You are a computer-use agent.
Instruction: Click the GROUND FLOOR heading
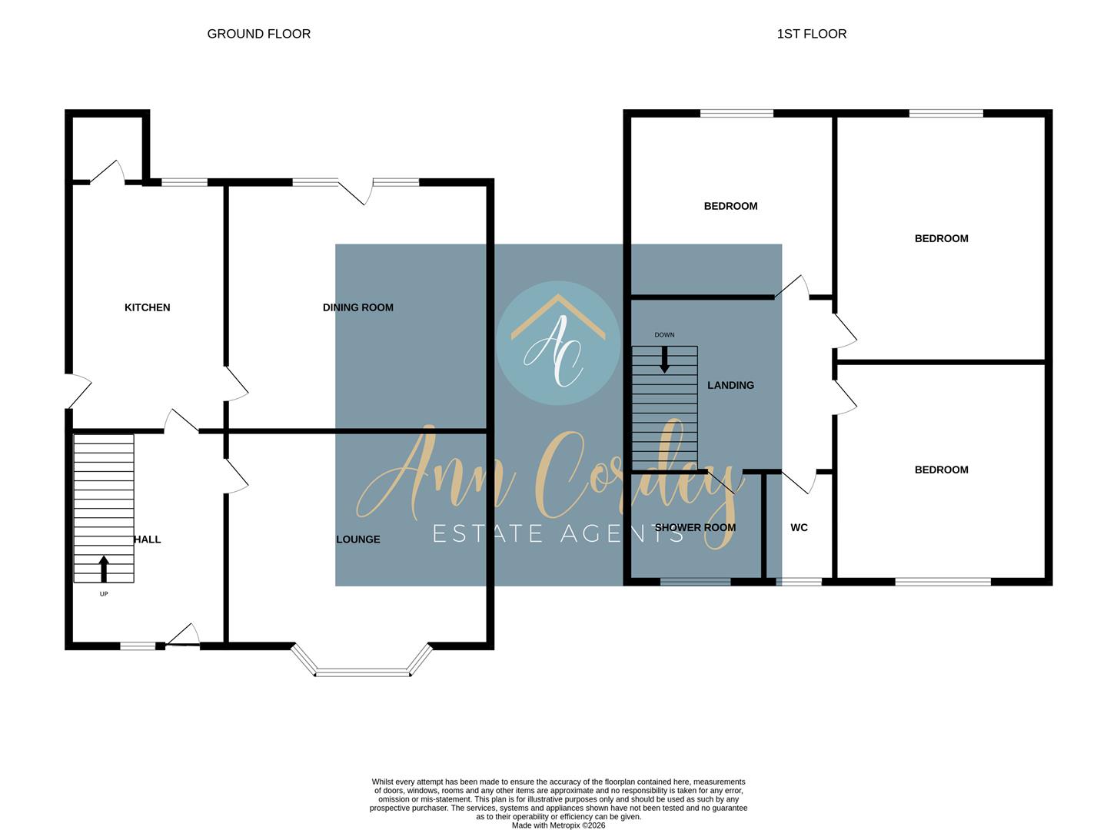(x=259, y=34)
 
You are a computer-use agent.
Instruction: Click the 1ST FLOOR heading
(x=811, y=34)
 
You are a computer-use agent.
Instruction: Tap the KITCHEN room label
(x=147, y=307)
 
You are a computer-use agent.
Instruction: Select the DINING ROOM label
(x=357, y=307)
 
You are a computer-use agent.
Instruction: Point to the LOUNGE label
(x=357, y=539)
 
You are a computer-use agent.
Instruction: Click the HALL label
(x=148, y=539)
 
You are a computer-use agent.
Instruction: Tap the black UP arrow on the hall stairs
(x=104, y=569)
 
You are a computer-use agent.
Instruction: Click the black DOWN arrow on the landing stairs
(x=664, y=360)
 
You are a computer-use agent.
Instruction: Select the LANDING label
(x=730, y=385)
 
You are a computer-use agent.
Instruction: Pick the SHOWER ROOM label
(x=695, y=528)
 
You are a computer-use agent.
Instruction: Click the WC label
(x=799, y=528)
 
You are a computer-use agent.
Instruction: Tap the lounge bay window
(x=362, y=672)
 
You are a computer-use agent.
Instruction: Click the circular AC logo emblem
(x=558, y=343)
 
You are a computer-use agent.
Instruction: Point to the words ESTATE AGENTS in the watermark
(x=558, y=533)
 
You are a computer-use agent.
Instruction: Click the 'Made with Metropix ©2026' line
(x=558, y=825)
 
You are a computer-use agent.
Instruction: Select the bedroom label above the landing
(x=730, y=206)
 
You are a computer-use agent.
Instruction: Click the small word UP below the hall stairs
(x=104, y=594)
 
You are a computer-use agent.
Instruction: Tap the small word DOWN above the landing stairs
(x=664, y=335)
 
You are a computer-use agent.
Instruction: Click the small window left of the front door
(x=138, y=646)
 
